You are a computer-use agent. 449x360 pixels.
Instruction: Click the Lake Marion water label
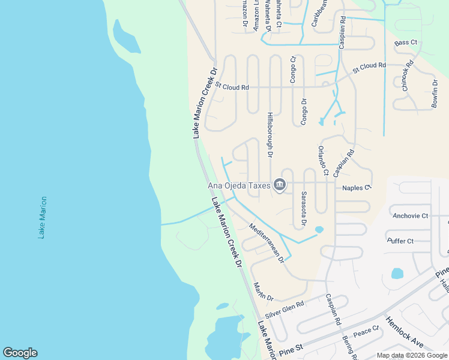tap(42, 217)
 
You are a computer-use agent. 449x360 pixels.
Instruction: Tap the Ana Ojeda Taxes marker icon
tap(280, 186)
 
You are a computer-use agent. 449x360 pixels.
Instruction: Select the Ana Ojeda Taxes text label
tap(239, 187)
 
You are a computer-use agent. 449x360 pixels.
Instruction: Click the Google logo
tap(20, 353)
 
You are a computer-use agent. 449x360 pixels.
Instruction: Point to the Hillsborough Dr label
tap(270, 135)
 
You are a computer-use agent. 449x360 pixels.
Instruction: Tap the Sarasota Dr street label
tap(304, 209)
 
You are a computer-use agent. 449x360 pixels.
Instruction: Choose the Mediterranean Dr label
tap(267, 243)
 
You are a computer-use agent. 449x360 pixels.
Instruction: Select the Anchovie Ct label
tap(410, 215)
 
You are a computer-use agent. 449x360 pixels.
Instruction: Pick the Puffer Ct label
tap(400, 241)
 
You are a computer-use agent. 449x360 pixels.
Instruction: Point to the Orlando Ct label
tap(322, 160)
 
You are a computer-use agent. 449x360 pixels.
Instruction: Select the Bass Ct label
tap(406, 43)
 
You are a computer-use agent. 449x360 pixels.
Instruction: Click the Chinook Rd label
tap(408, 76)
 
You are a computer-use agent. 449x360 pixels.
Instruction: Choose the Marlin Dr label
tap(263, 292)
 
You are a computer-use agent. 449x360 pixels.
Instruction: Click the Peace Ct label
tap(366, 331)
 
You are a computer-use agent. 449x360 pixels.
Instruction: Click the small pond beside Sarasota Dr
tap(319, 229)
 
